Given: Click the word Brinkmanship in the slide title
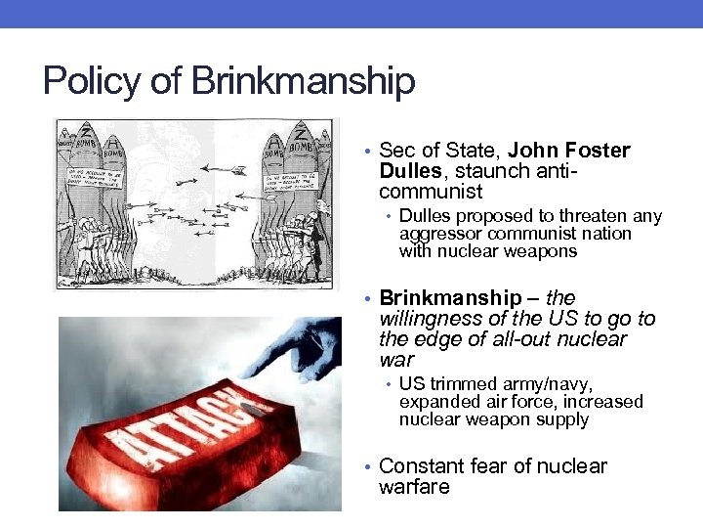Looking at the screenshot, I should tap(304, 81).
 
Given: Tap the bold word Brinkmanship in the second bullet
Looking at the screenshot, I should tap(450, 297).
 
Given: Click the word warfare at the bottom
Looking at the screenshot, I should tap(414, 487).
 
